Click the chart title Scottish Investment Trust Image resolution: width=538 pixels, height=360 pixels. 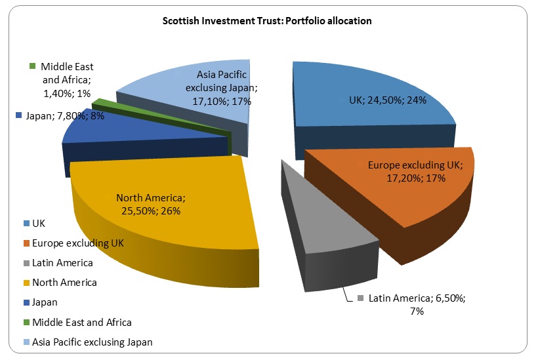coord(267,21)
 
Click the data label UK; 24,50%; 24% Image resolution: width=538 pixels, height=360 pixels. coord(388,101)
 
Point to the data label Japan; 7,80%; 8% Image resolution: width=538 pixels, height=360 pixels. coord(56,115)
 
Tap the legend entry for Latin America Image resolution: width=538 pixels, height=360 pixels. coord(62,262)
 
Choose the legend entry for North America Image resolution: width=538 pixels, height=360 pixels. coord(64,283)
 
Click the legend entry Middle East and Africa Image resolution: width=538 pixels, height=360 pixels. coord(81,322)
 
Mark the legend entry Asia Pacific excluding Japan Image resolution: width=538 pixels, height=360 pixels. coord(92,342)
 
